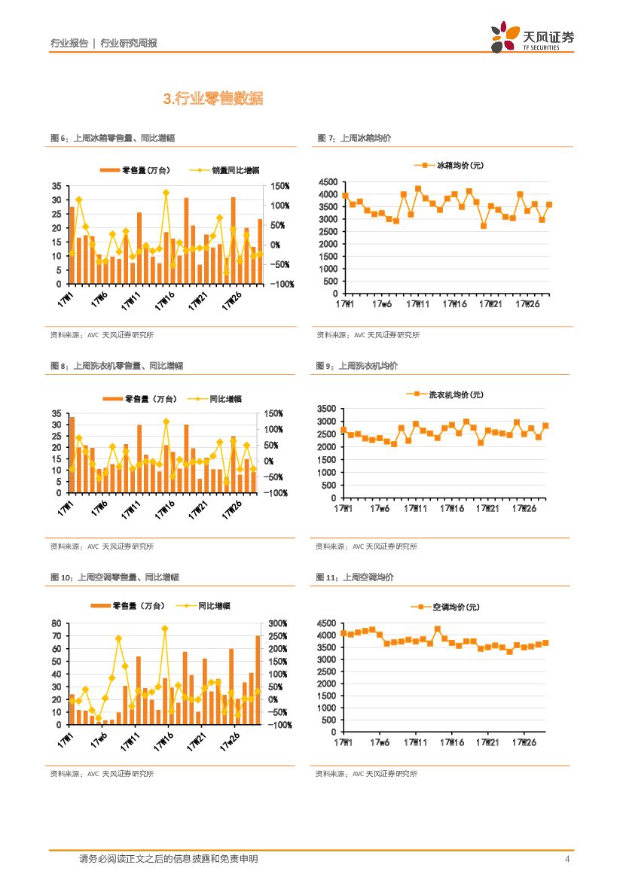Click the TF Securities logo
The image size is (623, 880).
point(532,37)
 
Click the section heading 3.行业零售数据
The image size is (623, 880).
point(213,99)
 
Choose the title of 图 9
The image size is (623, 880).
point(357,366)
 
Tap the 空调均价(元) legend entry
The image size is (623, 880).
point(445,607)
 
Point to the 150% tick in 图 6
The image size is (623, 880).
point(281,186)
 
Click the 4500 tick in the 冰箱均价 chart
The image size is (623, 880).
point(328,183)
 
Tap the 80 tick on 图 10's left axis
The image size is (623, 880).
point(57,624)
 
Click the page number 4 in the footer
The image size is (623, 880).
point(567,859)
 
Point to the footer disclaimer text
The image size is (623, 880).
point(168,859)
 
